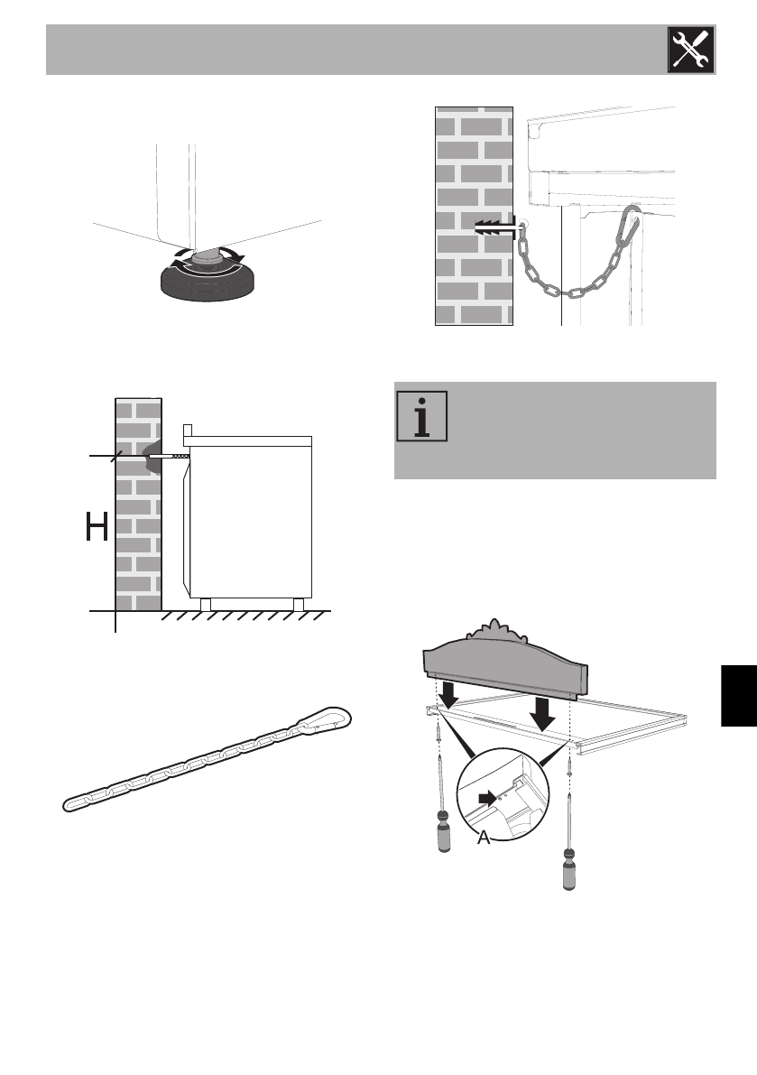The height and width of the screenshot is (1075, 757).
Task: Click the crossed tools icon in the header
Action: pyautogui.click(x=690, y=50)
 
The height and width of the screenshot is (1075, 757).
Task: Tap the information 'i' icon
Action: pyautogui.click(x=422, y=416)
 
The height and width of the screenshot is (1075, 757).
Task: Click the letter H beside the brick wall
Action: pyautogui.click(x=97, y=526)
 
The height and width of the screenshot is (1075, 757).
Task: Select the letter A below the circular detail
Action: pyautogui.click(x=484, y=838)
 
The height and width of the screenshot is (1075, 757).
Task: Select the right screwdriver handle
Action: pyautogui.click(x=568, y=867)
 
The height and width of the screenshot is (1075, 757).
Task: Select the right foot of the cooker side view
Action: pyautogui.click(x=298, y=604)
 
